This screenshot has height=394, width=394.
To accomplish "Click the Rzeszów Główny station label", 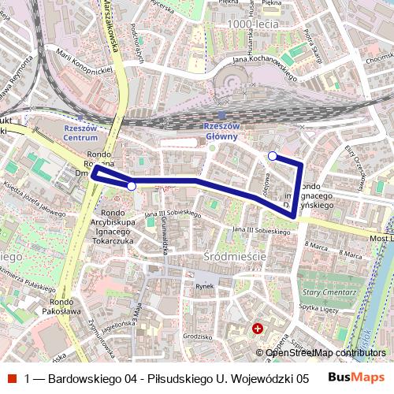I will coord(221,132).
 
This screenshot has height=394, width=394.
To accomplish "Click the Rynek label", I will coord(205,286).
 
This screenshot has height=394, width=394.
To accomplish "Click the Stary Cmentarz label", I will coord(318,290).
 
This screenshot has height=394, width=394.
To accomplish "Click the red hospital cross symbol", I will coord(258,328).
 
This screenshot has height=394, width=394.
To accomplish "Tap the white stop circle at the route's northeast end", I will coord(273,156).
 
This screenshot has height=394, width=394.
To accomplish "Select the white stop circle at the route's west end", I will coord(132,186).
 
